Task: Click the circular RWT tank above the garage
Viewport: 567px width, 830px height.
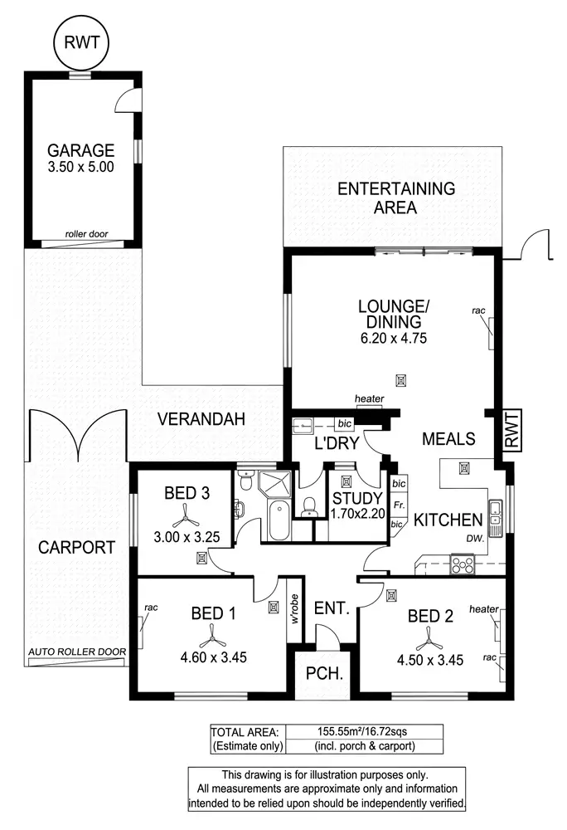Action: (80, 41)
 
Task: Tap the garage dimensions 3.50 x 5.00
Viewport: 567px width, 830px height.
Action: (80, 166)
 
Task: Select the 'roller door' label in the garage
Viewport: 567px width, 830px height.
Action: (86, 234)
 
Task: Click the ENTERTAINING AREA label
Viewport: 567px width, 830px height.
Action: (395, 198)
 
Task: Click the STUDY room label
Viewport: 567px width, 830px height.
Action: (356, 498)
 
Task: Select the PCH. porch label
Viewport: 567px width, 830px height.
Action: (319, 673)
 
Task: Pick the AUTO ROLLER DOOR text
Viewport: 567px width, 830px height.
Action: (76, 652)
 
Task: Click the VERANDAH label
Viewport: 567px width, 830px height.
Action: (202, 419)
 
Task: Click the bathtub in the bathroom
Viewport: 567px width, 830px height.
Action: (277, 524)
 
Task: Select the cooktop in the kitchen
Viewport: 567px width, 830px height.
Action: (463, 564)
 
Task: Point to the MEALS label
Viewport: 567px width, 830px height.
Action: (448, 438)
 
